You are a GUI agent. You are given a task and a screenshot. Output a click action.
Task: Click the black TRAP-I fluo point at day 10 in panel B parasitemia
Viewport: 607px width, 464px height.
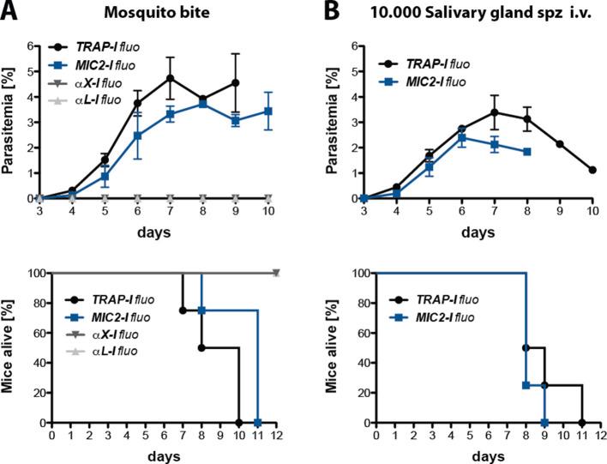tap(592, 170)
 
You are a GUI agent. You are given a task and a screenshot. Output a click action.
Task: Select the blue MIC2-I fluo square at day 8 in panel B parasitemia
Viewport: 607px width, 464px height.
tap(526, 152)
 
